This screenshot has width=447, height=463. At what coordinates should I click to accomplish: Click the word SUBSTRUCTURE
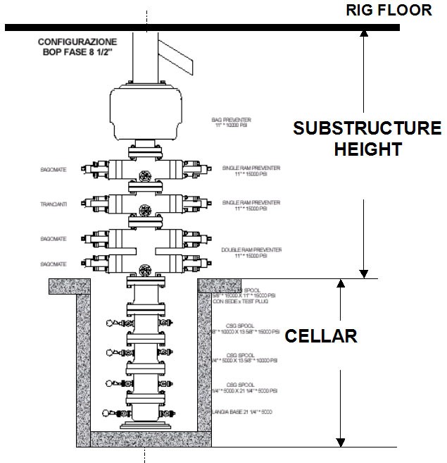(x=367, y=128)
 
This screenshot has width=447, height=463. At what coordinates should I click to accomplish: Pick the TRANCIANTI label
(x=54, y=205)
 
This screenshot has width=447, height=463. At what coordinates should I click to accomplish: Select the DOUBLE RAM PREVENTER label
(x=251, y=249)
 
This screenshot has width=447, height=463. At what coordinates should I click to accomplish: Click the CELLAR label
(x=321, y=336)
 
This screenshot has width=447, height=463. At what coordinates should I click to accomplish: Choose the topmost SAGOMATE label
(x=54, y=170)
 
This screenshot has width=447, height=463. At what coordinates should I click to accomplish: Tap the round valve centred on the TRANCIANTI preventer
(x=145, y=209)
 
